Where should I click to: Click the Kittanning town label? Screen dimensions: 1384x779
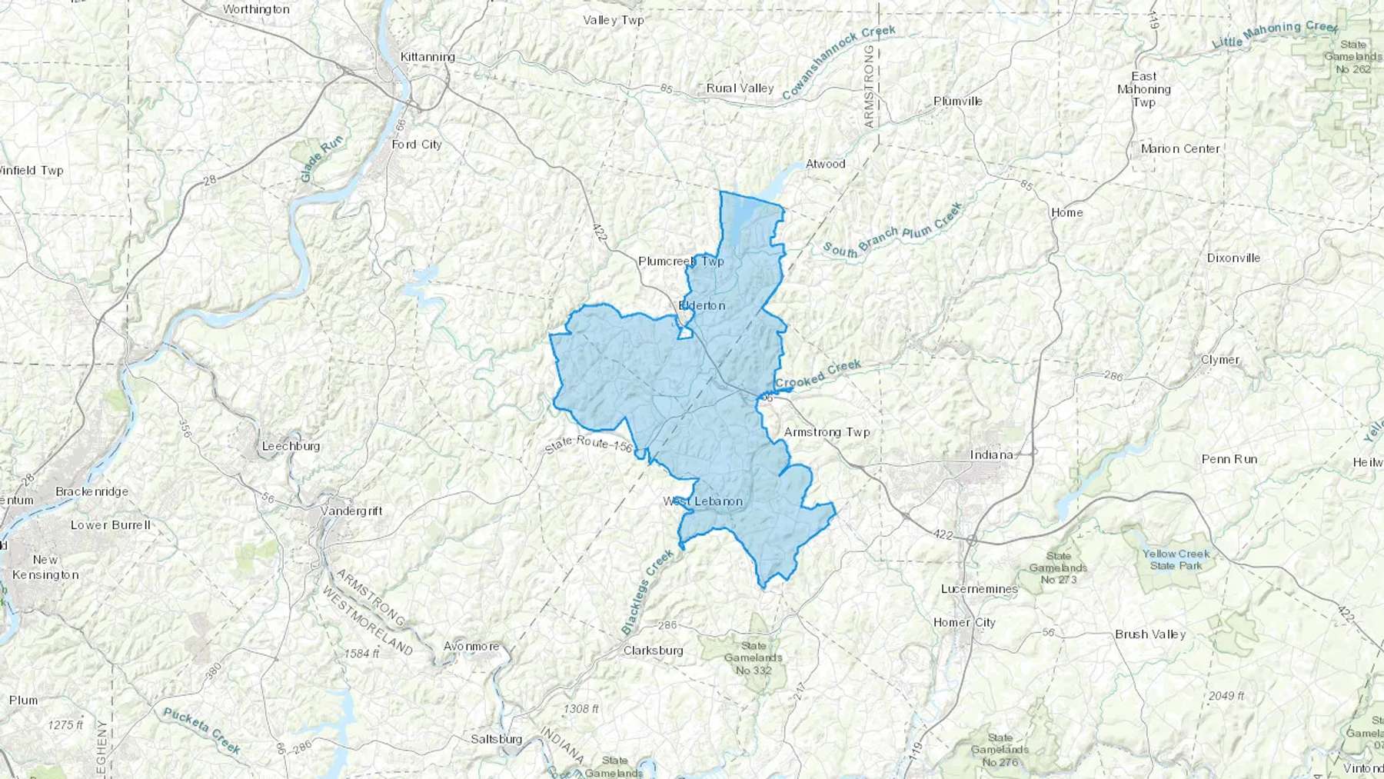pyautogui.click(x=428, y=57)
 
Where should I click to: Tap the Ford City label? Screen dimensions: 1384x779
pyautogui.click(x=417, y=145)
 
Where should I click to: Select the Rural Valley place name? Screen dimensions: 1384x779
pyautogui.click(x=740, y=88)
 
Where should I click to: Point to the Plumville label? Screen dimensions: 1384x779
pyautogui.click(x=957, y=102)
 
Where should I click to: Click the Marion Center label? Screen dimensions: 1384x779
pyautogui.click(x=1180, y=149)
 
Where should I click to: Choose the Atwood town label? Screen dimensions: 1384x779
pyautogui.click(x=825, y=164)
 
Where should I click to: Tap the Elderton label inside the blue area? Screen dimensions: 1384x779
pyautogui.click(x=702, y=305)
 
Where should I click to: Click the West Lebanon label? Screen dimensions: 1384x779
pyautogui.click(x=703, y=501)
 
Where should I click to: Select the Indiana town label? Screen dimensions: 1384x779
pyautogui.click(x=991, y=454)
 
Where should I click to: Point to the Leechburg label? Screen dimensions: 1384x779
pyautogui.click(x=291, y=446)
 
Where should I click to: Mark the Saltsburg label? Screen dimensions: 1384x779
pyautogui.click(x=496, y=739)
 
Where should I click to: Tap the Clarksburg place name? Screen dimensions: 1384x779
pyautogui.click(x=653, y=651)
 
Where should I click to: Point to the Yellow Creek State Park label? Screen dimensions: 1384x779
pyautogui.click(x=1176, y=560)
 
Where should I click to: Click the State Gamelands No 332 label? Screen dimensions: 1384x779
pyautogui.click(x=754, y=658)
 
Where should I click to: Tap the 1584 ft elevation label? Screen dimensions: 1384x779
pyautogui.click(x=362, y=654)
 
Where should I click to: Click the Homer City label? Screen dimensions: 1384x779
pyautogui.click(x=964, y=623)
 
